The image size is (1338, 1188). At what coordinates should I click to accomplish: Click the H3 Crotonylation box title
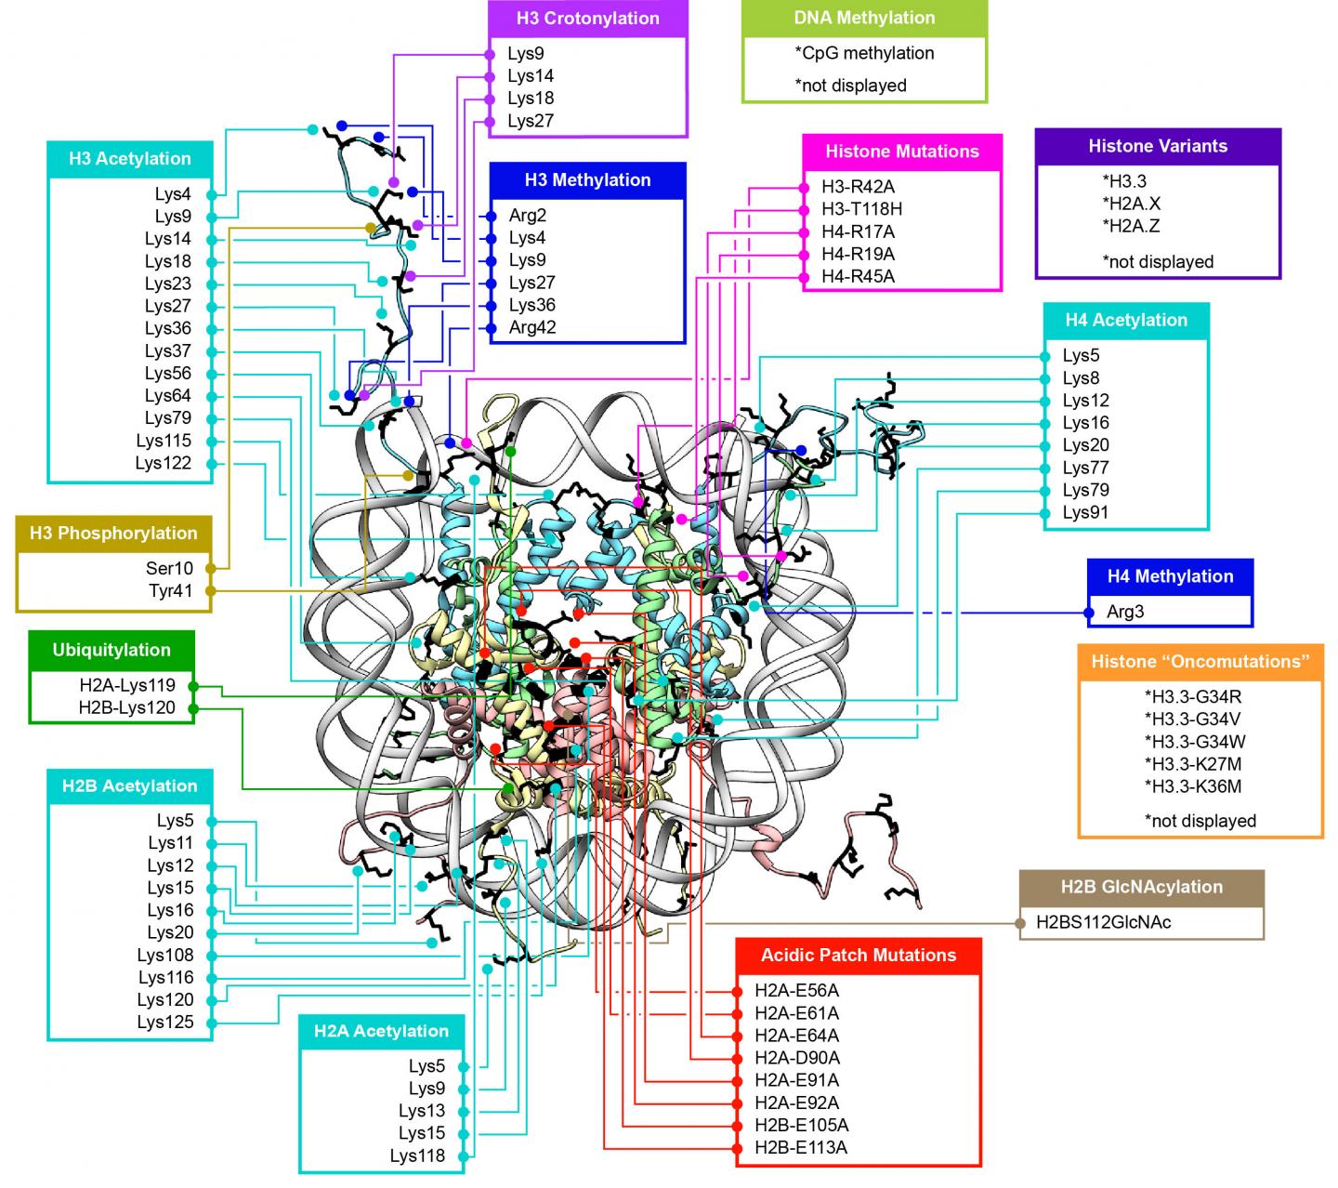pos(587,18)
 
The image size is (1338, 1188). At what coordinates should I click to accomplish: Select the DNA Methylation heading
pos(864,18)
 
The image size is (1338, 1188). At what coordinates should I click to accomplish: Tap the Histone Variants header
pos(1158,146)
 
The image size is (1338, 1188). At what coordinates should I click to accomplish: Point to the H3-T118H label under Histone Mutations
pos(861,209)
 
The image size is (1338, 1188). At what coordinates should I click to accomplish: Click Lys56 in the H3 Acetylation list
pos(168,373)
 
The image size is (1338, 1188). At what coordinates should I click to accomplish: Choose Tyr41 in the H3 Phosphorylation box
pos(170,590)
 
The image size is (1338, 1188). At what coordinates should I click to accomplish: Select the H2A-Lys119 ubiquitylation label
pos(127,686)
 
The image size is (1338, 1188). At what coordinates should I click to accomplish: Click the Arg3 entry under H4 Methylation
pos(1125,612)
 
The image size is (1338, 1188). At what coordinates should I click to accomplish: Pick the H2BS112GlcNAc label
pos(1104,922)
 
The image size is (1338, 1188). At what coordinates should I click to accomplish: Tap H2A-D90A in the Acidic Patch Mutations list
pos(796,1057)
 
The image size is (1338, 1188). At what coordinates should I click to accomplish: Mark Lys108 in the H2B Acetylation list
pos(165,955)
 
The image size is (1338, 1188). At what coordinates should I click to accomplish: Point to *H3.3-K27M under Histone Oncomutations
pos(1193,764)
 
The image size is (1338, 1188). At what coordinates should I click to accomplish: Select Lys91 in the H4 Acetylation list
pos(1085,512)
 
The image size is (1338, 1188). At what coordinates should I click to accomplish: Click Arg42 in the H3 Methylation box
pos(532,327)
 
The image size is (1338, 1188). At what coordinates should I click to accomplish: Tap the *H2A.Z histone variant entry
pos(1131,226)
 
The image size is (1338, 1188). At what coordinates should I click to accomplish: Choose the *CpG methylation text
pos(864,53)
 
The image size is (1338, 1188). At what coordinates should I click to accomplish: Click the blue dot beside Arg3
pos(1089,613)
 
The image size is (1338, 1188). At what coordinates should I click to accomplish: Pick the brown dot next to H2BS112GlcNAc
pos(1020,923)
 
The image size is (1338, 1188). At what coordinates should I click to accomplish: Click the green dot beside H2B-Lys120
pos(193,708)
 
